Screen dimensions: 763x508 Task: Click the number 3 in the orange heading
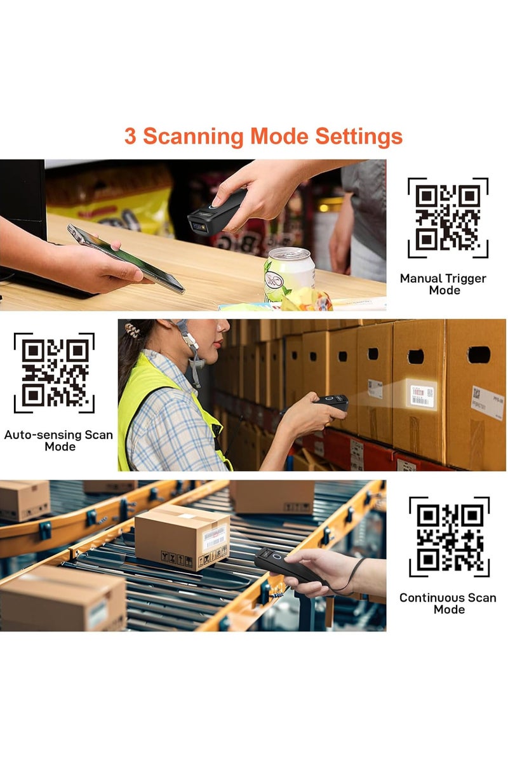pos(130,137)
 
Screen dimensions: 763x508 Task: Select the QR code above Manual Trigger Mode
pos(448,218)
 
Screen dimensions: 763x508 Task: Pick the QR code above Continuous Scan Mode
pos(449,537)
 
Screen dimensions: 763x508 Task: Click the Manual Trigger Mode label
pos(443,284)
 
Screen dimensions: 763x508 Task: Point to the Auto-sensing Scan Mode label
pos(58,441)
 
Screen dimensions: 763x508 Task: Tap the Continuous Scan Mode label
pos(448,604)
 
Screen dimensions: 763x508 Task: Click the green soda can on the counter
pos(289,273)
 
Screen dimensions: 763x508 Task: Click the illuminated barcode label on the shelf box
pos(421,395)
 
